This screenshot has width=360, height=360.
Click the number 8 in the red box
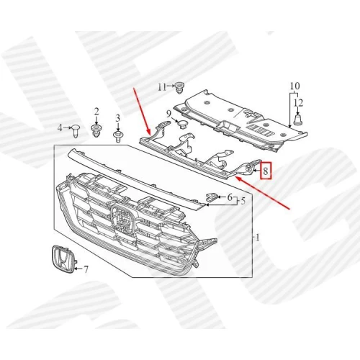point(266,171)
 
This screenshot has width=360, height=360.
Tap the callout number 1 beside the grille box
point(257,238)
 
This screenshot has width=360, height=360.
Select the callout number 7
point(86,269)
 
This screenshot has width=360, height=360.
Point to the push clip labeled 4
point(76,131)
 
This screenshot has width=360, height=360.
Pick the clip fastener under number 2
point(96,130)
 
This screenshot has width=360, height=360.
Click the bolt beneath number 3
point(117,135)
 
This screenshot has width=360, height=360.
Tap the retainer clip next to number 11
point(179,88)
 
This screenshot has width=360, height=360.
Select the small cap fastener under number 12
point(297,120)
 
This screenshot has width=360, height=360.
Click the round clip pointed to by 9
point(183,124)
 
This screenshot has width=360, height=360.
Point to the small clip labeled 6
point(212,197)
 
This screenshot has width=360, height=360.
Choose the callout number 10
point(295,86)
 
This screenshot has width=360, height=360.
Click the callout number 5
point(243,201)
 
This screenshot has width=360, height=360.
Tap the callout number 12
point(298,103)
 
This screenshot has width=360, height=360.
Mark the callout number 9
point(168,113)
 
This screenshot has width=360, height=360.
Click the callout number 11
point(162,87)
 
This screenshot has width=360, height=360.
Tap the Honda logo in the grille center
point(123,219)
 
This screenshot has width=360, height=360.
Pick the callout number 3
point(117,118)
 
